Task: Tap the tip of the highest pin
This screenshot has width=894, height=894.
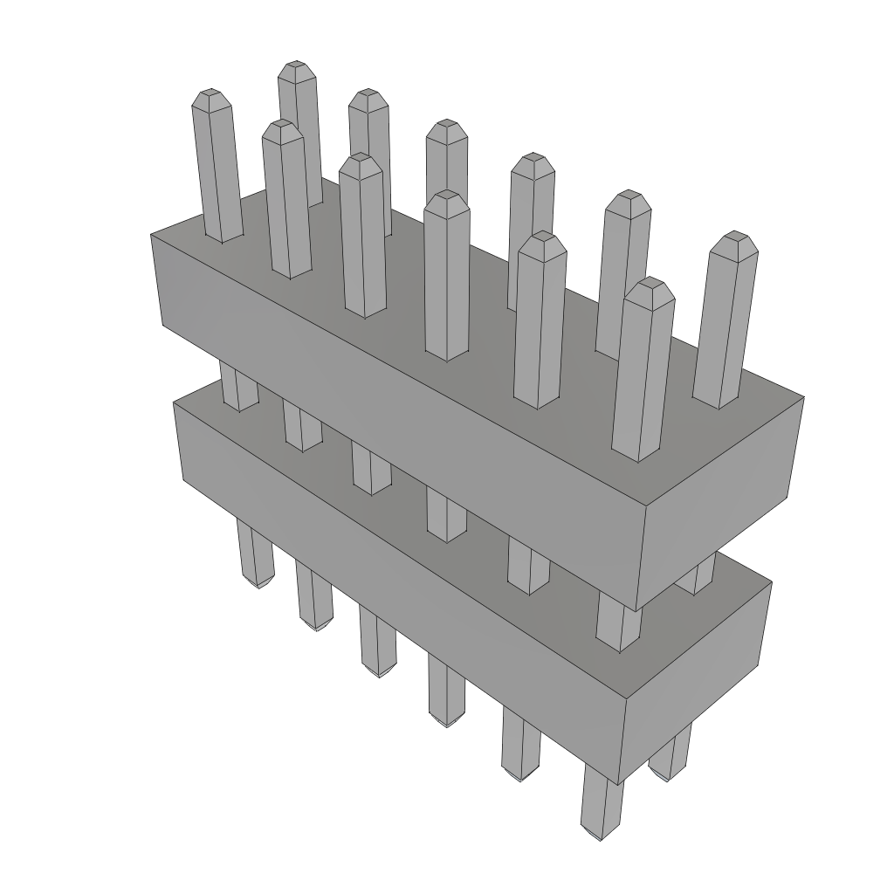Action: click(297, 66)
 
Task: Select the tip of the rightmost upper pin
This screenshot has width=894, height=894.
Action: click(733, 237)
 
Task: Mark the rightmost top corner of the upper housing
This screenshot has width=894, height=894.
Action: click(803, 398)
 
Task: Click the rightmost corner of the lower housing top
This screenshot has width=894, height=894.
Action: click(772, 582)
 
